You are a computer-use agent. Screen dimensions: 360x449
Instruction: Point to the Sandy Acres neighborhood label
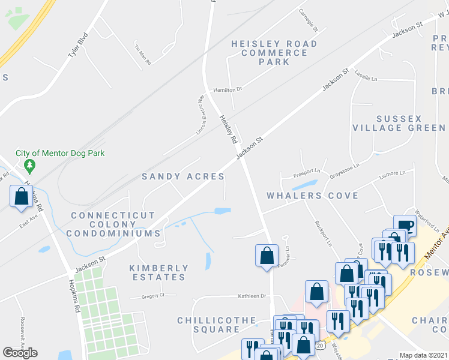click(183, 176)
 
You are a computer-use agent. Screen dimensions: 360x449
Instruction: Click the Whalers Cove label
click(312, 196)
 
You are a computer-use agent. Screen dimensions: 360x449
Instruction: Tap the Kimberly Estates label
click(158, 272)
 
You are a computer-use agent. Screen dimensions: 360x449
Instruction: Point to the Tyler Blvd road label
click(77, 46)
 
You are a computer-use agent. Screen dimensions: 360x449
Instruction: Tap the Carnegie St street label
click(309, 19)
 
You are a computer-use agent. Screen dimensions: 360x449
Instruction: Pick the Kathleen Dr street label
click(252, 296)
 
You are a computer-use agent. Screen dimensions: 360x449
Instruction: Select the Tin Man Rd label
click(142, 54)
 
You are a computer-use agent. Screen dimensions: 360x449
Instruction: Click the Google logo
click(20, 352)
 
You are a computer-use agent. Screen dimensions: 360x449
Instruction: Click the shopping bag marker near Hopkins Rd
click(22, 196)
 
